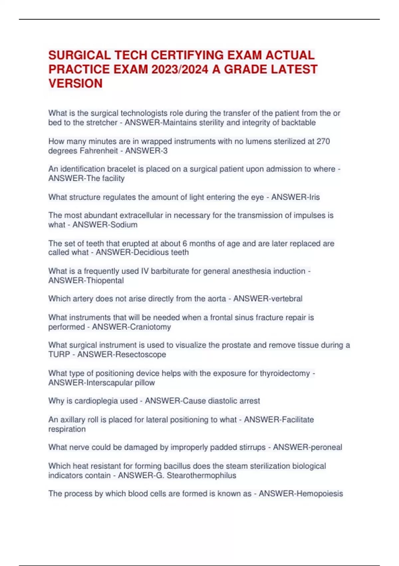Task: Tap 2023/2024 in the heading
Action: point(180,70)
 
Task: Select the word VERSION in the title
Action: point(75,84)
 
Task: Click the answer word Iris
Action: point(314,197)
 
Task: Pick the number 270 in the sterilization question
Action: point(323,141)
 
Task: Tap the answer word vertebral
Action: point(286,299)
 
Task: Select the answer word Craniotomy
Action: point(151,327)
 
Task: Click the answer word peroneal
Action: point(326,447)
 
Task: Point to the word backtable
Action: point(298,123)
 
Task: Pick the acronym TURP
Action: point(59,354)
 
